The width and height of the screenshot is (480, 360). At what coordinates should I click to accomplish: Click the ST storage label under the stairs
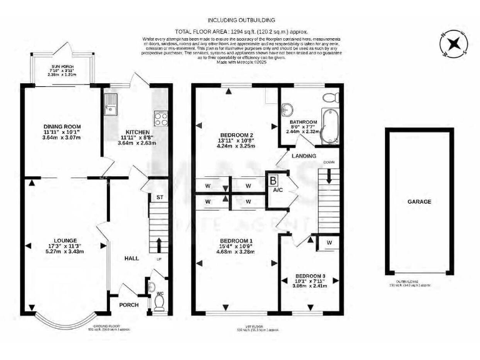pos(159,197)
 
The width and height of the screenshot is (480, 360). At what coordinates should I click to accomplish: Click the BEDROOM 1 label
pos(234,241)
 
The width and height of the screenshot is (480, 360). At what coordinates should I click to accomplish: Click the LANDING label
pos(303,156)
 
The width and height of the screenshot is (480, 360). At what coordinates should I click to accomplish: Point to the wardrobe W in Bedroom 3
pos(328,242)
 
